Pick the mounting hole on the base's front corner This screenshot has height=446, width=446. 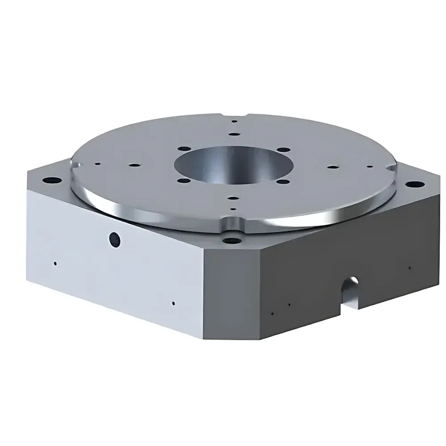click(231, 241)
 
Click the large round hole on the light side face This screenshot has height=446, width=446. click(115, 240)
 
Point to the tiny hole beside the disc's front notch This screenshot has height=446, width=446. click(232, 209)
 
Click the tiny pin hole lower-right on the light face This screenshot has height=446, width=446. click(173, 303)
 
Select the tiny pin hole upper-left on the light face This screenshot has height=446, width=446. click(55, 263)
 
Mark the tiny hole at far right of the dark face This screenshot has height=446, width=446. click(409, 268)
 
